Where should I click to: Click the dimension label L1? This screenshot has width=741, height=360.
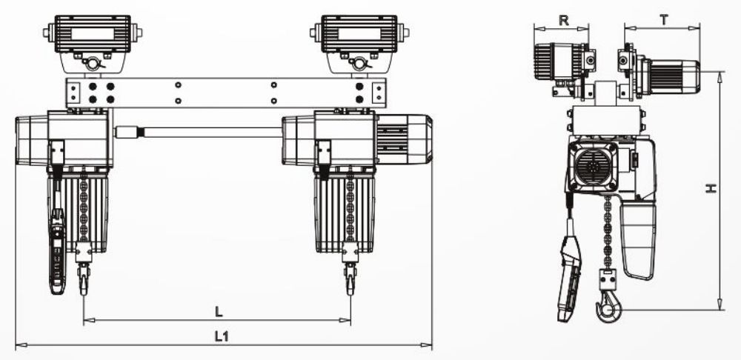222,336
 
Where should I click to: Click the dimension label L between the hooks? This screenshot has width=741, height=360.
219,312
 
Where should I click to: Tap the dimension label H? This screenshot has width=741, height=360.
711,188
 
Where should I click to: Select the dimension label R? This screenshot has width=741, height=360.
563,20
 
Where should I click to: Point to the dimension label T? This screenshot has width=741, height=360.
665,20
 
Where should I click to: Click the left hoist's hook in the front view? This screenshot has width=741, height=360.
84,279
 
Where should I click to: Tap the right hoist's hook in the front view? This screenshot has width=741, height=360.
350,279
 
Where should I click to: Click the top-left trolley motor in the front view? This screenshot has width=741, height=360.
93,33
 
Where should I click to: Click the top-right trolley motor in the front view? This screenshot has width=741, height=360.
359,33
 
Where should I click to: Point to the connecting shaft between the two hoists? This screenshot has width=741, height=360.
199,132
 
